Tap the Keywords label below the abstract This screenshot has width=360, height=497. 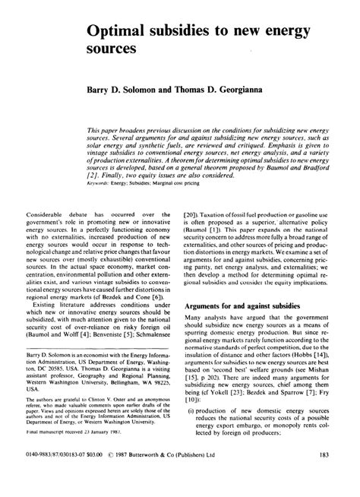tap(124, 182)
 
